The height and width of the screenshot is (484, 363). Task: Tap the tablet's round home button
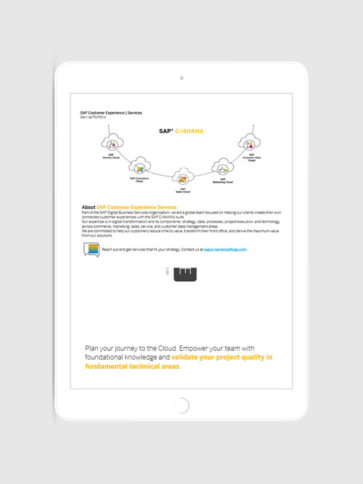click(181, 406)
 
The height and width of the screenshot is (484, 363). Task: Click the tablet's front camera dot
click(181, 78)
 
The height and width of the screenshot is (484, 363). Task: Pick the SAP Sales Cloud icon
click(183, 178)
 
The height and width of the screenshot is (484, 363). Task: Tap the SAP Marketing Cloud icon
click(222, 168)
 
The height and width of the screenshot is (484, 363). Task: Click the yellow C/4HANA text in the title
click(190, 131)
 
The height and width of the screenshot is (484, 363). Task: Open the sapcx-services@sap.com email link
click(225, 249)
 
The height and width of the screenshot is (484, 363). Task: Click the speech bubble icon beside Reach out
click(92, 249)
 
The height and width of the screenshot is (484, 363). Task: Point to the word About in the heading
click(88, 207)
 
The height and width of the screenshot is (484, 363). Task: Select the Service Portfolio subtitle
click(93, 117)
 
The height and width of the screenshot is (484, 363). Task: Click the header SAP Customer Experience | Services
click(111, 112)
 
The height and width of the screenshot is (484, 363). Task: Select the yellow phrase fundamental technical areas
click(132, 366)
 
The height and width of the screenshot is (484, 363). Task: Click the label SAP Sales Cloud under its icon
click(183, 190)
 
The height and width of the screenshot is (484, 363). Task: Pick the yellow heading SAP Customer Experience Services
click(137, 207)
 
